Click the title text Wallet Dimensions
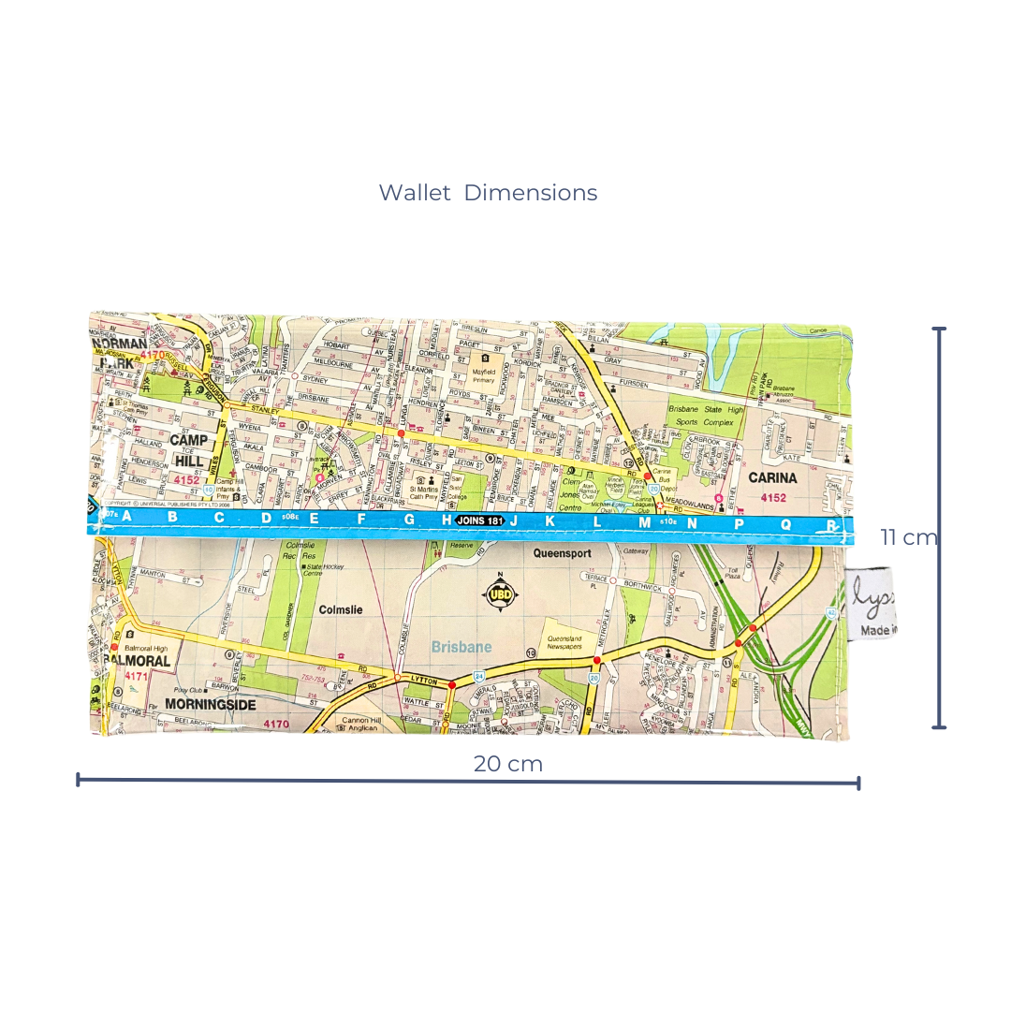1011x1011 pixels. point(488,193)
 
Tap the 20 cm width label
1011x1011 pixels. point(507,763)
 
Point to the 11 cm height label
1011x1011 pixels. point(908,537)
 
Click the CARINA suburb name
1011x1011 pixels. point(772,478)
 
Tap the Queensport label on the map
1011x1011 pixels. point(562,553)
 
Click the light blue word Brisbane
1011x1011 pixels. point(462,647)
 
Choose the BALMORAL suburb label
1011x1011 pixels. point(139,660)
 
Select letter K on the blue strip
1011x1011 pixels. point(549,521)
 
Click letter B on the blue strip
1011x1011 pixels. point(172,517)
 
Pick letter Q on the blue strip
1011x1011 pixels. point(785,524)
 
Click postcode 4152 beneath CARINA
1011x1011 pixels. point(773,498)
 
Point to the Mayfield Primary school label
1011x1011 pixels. point(485,374)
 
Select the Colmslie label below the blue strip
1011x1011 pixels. point(340,609)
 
